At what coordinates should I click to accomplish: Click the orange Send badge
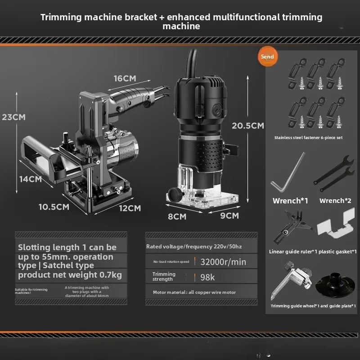[x=267, y=57]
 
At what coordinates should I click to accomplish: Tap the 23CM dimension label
[x=13, y=117]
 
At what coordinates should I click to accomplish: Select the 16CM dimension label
[x=125, y=78]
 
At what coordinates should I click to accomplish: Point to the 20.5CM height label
[x=247, y=126]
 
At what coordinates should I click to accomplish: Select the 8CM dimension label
[x=177, y=216]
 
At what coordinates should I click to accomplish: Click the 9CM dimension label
[x=229, y=216]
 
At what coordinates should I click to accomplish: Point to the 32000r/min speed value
[x=223, y=262]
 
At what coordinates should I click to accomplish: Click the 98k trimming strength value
[x=208, y=277]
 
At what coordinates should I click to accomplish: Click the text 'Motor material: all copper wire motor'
[x=194, y=292]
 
